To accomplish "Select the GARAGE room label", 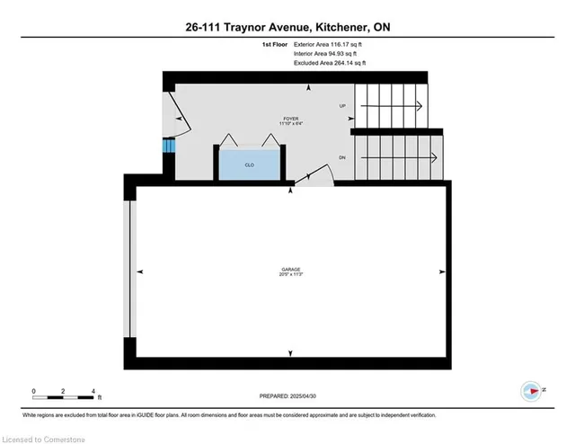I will click(289, 270).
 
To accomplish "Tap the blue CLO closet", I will click(248, 164).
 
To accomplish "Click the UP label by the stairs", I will click(342, 106).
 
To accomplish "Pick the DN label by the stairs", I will click(342, 157).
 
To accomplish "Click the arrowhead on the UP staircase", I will click(419, 106).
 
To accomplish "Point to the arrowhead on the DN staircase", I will click(434, 157).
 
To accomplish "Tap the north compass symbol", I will click(531, 391).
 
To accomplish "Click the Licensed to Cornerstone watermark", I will click(45, 437).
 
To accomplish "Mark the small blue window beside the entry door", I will click(167, 147).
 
